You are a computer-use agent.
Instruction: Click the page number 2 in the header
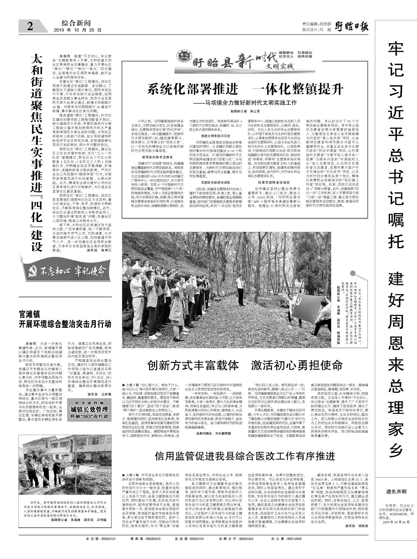pos(30,26)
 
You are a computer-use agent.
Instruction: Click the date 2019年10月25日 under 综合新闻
pos(77,30)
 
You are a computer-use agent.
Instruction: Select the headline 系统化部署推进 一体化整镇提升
pos(245,89)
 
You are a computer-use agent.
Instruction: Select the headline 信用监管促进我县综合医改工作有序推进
pos(245,456)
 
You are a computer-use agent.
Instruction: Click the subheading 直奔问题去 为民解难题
pos(213,433)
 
